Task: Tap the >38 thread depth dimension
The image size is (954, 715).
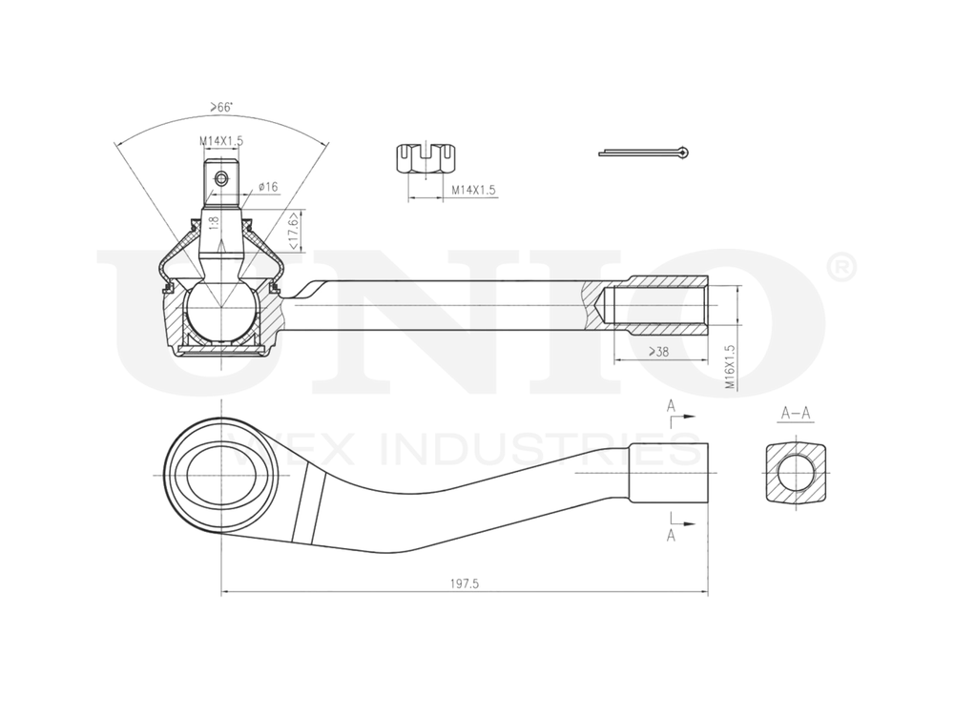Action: pos(658,352)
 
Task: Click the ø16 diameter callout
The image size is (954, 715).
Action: pos(266,188)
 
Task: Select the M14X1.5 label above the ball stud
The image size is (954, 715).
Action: pos(221,141)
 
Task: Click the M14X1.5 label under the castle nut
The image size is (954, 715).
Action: pos(473,191)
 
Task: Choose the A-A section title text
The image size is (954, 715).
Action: pos(796,414)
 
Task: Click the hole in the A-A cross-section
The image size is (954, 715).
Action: pos(794,473)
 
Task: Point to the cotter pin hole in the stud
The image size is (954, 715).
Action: pos(221,178)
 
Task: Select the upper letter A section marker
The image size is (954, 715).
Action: pos(672,407)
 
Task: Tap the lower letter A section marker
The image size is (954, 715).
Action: pos(672,537)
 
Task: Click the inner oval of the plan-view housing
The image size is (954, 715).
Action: pos(220,473)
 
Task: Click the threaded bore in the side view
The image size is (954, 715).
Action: pos(658,305)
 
